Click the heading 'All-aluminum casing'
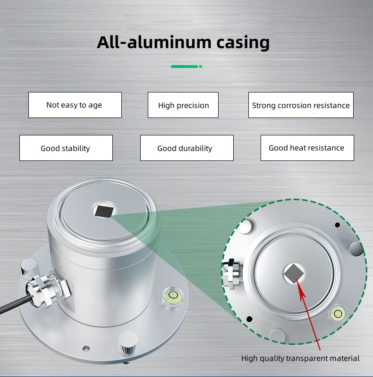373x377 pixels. pos(183,42)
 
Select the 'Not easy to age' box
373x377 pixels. pos(75,105)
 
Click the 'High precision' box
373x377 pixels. pos(183,105)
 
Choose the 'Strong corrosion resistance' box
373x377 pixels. pos(301,105)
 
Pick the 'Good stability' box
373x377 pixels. pos(66,148)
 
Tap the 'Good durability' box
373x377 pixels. pos(186,148)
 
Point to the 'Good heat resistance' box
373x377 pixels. pos(307,148)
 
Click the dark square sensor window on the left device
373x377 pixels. pos(103,210)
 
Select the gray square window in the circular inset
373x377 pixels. pos(294,273)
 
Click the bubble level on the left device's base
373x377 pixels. pos(170,296)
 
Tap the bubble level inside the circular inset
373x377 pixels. pos(338,313)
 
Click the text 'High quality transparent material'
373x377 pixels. pos(300,359)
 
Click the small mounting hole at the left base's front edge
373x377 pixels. pos(85,348)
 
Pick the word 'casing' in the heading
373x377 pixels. pos(243,42)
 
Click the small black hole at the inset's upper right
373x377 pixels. pos(337,225)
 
